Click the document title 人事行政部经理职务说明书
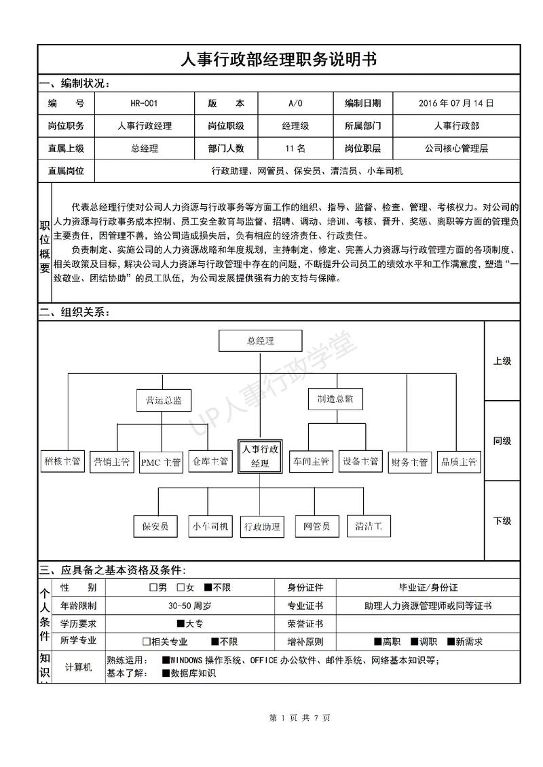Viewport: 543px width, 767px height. (278, 60)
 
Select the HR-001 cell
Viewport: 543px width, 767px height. (144, 104)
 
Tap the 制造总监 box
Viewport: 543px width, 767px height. (331, 399)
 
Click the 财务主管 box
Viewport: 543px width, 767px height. (409, 463)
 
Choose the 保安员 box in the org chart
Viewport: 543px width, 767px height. (155, 526)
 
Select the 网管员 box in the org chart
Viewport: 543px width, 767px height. (317, 526)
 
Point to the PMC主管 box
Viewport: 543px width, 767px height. (161, 463)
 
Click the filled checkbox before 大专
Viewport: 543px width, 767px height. (181, 624)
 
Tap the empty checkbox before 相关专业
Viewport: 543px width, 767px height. (147, 642)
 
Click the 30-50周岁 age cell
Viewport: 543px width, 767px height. (190, 606)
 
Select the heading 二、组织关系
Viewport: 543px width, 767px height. (74, 313)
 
